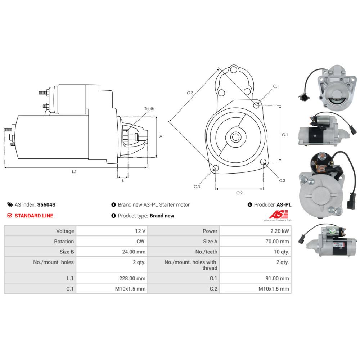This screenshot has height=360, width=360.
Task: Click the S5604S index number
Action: click(46, 204)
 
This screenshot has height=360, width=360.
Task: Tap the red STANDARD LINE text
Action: click(34, 216)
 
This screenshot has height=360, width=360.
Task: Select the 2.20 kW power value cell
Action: click(255, 231)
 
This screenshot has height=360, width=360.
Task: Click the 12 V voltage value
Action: click(140, 231)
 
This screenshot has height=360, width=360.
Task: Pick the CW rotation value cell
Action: click(112, 241)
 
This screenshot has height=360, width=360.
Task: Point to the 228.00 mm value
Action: click(132, 278)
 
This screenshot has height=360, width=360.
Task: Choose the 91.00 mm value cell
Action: click(255, 278)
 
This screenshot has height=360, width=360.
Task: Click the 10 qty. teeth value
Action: click(281, 252)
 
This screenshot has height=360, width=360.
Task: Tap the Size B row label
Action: click(67, 252)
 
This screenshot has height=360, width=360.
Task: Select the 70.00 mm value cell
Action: click(255, 241)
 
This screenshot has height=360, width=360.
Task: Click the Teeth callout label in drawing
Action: click(149, 109)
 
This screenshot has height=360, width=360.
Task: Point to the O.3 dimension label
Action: click(190, 93)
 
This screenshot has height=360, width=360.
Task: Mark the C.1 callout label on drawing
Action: click(276, 86)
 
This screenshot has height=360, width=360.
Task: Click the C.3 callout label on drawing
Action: click(197, 186)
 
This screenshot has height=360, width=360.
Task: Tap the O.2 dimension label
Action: click(239, 193)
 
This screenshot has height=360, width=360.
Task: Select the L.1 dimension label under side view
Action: click(74, 171)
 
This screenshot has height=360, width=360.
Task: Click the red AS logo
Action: click(278, 214)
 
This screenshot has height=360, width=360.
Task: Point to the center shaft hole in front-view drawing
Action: click(235, 137)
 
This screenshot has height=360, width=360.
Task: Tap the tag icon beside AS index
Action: click(10, 204)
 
